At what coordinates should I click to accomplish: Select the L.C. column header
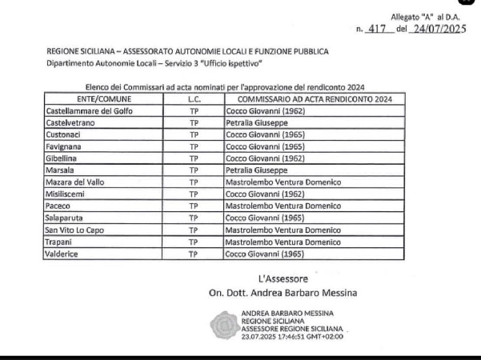[x=193, y=98]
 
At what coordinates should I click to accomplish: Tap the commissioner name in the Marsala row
[x=254, y=170]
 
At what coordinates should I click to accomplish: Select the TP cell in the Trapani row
[x=193, y=242]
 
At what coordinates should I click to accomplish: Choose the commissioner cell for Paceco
[x=284, y=206]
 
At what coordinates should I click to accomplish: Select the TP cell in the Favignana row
[x=193, y=147]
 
